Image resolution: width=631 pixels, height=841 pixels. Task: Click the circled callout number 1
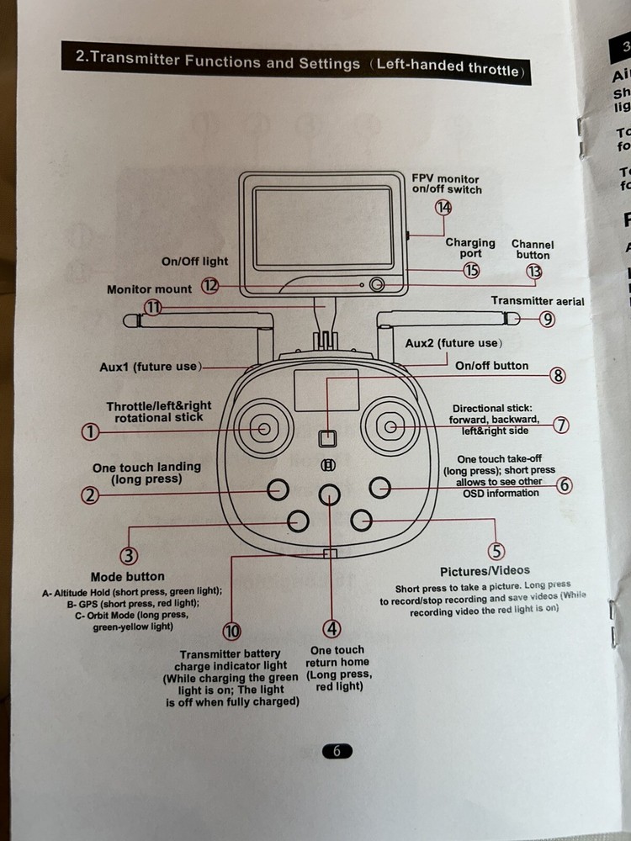click(90, 432)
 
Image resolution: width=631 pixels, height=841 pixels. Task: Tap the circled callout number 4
click(333, 628)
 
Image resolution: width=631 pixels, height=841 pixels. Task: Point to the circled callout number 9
click(548, 319)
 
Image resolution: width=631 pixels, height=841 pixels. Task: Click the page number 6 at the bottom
click(337, 751)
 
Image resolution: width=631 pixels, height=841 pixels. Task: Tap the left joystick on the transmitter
click(264, 429)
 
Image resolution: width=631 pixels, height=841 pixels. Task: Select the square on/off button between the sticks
click(328, 438)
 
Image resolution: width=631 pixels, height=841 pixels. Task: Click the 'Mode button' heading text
click(128, 576)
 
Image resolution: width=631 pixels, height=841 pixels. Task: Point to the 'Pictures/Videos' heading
click(485, 571)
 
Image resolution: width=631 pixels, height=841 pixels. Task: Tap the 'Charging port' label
click(470, 248)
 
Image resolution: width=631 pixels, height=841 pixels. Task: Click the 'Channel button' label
click(533, 250)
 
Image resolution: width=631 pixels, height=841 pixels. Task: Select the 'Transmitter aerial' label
click(538, 301)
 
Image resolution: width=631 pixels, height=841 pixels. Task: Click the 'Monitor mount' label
click(149, 289)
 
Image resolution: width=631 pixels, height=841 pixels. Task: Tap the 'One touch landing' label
click(146, 467)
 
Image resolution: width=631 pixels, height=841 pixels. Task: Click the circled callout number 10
click(232, 632)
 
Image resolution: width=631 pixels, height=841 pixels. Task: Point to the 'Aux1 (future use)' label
click(150, 367)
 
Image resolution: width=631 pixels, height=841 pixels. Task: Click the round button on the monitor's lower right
click(377, 285)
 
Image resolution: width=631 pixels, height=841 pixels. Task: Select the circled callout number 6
click(565, 484)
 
